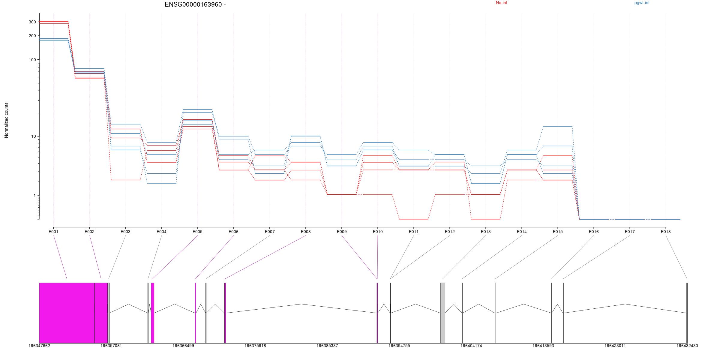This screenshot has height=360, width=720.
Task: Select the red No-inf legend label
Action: coord(501,3)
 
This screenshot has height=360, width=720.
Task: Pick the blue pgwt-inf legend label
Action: coord(642,3)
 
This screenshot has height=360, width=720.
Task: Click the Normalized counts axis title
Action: coord(7,120)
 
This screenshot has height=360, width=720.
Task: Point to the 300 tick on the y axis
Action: coord(32,22)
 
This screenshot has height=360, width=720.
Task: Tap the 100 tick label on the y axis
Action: coord(32,60)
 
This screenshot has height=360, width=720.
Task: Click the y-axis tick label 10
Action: coord(33,136)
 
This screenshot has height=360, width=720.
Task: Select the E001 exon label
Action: coord(53,232)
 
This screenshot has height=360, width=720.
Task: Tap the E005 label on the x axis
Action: coord(197,232)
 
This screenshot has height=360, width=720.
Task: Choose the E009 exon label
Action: coord(342,232)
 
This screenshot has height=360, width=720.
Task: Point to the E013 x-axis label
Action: coord(486,232)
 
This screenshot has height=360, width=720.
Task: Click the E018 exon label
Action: coord(666,232)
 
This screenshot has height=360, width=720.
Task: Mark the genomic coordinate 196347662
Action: coord(39,346)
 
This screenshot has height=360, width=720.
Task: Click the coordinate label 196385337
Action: coord(327,346)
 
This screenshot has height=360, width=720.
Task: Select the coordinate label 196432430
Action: coord(687,346)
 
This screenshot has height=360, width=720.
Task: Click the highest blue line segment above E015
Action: coord(558,126)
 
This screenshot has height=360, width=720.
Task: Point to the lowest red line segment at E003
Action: coord(126,180)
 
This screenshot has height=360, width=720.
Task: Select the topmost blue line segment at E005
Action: coord(197,109)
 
